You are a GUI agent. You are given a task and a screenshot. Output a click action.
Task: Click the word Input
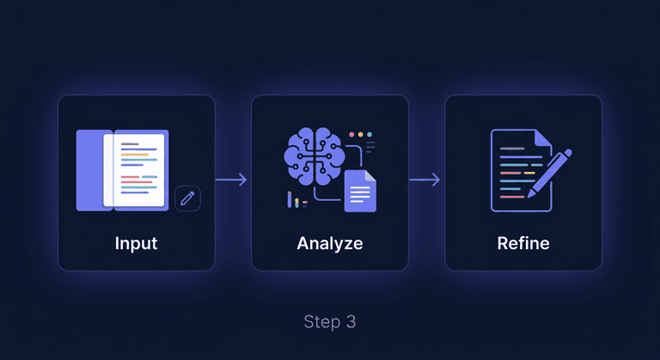pos(136,243)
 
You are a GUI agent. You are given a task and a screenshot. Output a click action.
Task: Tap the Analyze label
pos(329,243)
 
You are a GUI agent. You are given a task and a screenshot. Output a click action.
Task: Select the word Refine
pos(522,243)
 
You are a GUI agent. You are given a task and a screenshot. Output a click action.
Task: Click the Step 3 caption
pos(329,322)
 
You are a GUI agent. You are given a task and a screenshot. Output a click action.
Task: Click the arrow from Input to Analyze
pos(232,180)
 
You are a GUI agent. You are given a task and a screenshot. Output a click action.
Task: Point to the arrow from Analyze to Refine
pos(425,180)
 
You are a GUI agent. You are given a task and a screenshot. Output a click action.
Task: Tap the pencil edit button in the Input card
pos(187,198)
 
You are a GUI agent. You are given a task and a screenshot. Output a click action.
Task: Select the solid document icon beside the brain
pos(360,191)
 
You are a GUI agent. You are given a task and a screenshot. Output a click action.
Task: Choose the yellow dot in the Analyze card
pos(361,135)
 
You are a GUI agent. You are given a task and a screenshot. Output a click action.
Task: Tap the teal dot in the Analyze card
pos(371,135)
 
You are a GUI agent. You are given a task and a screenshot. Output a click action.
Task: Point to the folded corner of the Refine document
pos(543,137)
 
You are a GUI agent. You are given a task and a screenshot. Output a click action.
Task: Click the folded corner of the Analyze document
pos(370,176)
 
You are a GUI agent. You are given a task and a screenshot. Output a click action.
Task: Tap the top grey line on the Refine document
pos(512,149)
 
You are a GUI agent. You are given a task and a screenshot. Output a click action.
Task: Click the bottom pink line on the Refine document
pos(512,196)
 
